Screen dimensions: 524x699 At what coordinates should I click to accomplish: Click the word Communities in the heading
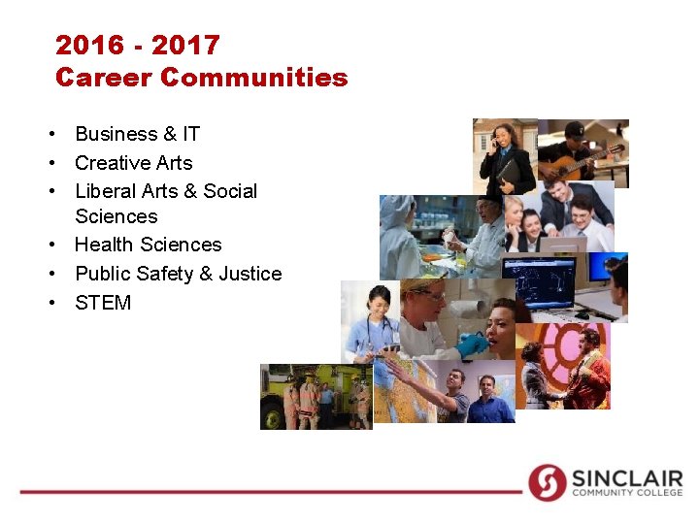254,78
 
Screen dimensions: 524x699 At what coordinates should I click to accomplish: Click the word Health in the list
103,245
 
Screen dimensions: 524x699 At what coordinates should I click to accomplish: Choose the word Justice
250,274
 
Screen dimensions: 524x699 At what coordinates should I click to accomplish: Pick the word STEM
103,303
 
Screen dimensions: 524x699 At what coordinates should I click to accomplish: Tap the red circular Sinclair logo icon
548,482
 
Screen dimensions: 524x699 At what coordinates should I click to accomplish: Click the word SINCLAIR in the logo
625,477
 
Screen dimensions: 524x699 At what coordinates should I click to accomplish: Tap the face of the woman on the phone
501,136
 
